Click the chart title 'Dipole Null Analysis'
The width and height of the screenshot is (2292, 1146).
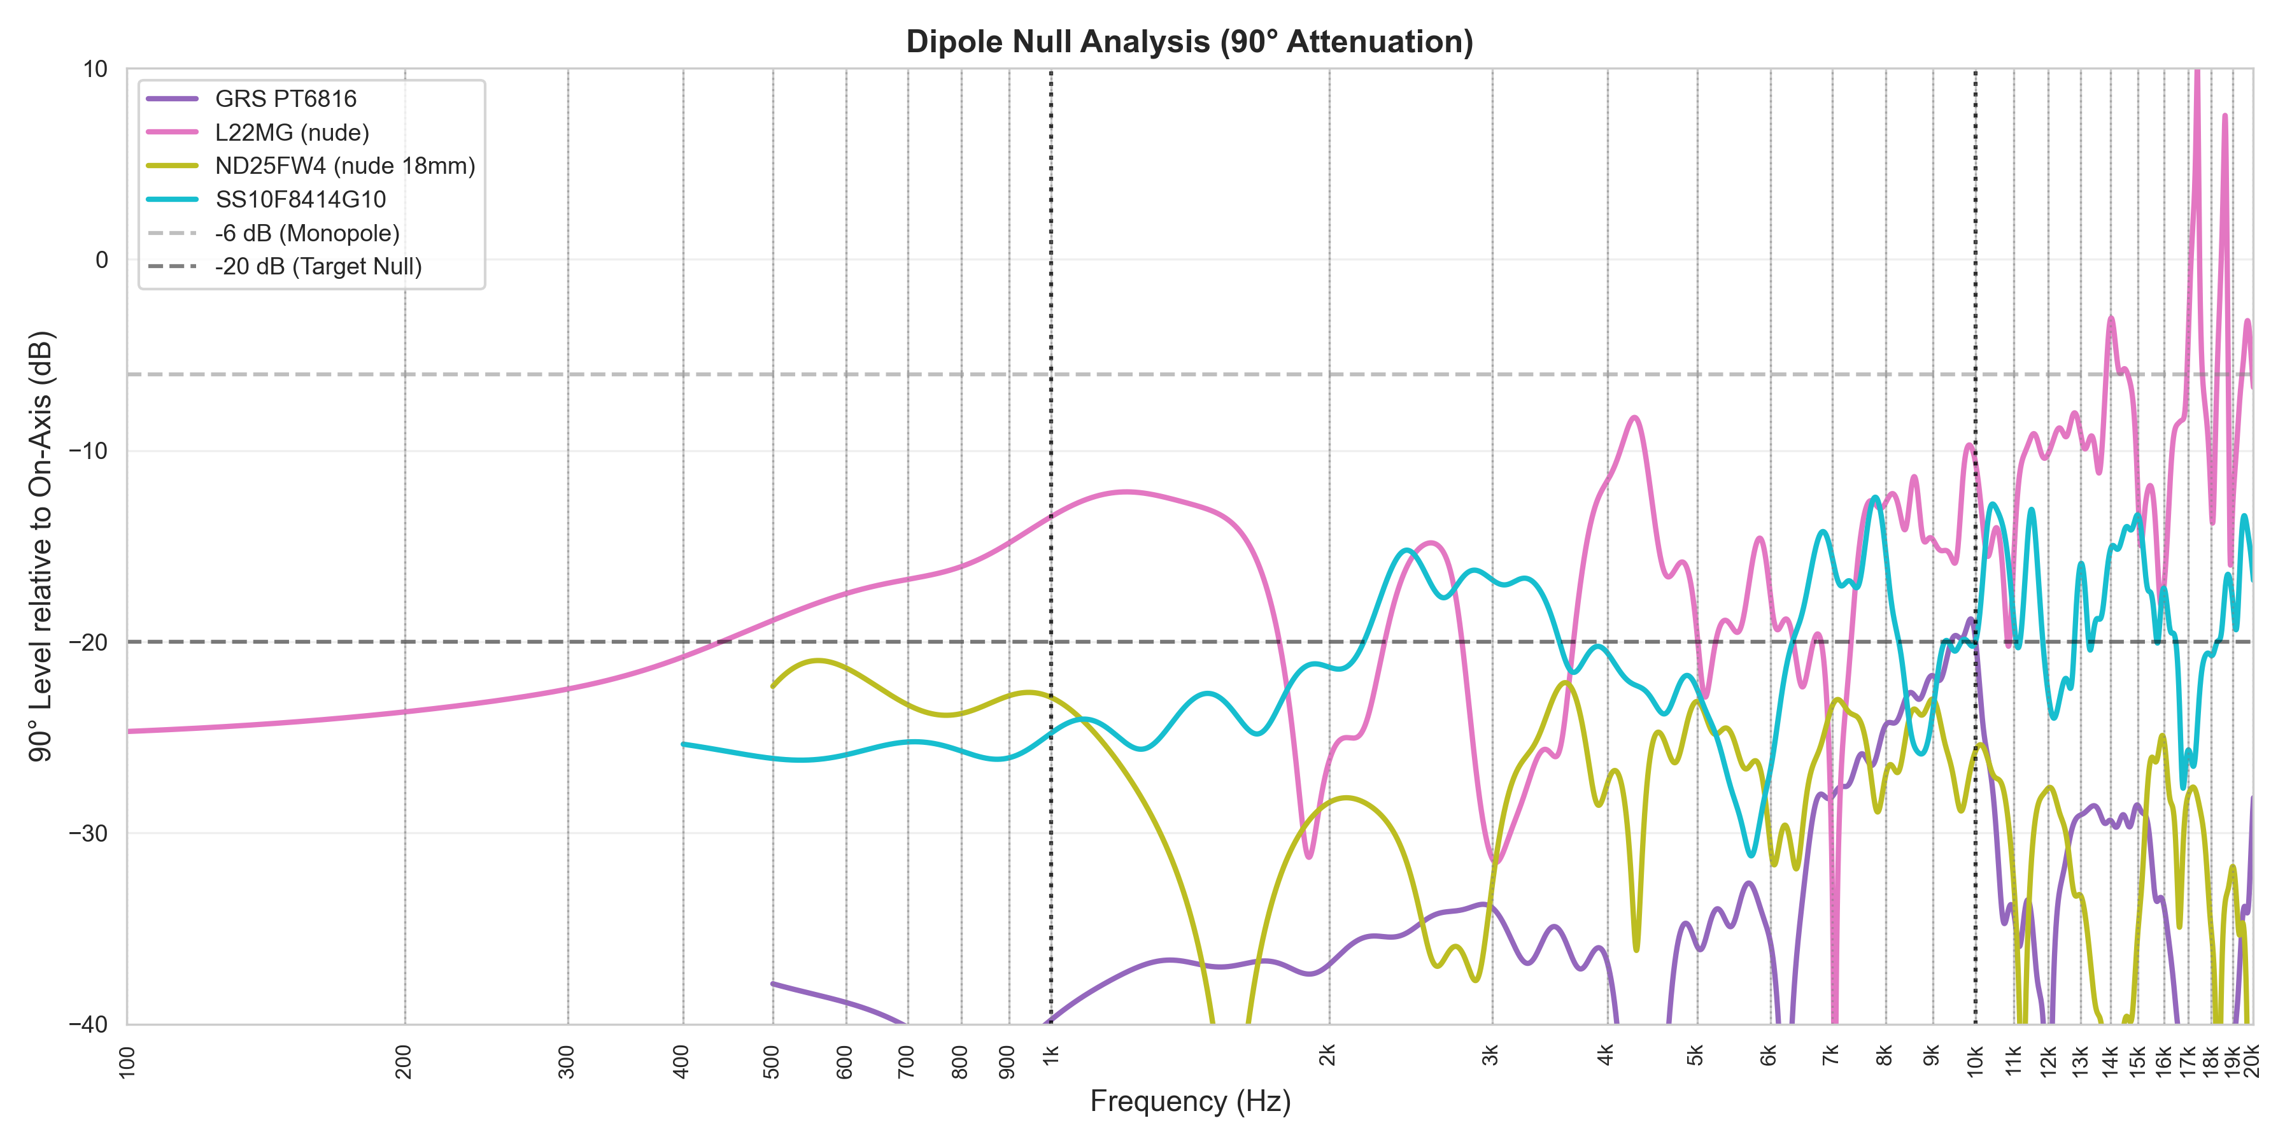coord(1189,42)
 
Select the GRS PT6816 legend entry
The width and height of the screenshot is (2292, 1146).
coord(285,99)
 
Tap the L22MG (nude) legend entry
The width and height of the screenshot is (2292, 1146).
coord(291,132)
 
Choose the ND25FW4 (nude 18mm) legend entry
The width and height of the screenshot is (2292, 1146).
coord(344,166)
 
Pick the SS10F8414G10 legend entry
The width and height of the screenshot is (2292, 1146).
coord(300,199)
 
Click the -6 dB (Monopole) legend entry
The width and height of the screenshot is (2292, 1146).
coord(307,233)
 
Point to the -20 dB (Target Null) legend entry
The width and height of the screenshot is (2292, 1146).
coord(318,266)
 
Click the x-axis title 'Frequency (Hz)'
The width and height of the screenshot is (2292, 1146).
coord(1189,1101)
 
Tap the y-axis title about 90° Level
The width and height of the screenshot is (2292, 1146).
coord(41,546)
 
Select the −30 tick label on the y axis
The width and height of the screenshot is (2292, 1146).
coord(88,833)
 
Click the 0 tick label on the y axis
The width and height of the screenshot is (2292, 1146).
coord(101,260)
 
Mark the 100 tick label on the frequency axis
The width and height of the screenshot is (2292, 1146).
coord(127,1061)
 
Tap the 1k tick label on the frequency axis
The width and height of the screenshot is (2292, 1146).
coord(1050,1056)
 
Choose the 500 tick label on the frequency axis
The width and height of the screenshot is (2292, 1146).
coord(772,1061)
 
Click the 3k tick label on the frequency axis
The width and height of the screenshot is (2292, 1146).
coord(1491,1056)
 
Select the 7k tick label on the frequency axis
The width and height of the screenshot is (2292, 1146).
coord(1830,1056)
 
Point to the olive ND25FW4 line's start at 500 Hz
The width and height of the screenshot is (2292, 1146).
coord(772,686)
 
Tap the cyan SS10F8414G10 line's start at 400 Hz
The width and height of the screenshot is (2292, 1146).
coord(683,744)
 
